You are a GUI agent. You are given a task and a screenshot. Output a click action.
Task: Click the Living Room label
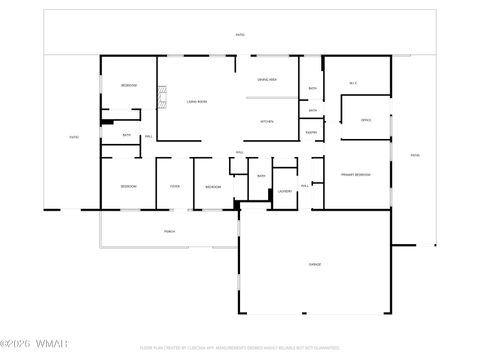[196, 101]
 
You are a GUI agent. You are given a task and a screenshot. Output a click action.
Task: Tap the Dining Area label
[266, 79]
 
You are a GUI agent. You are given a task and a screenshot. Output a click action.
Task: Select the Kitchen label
[266, 121]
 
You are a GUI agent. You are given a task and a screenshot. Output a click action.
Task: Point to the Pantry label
[312, 132]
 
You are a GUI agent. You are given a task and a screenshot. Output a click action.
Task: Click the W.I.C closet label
[353, 83]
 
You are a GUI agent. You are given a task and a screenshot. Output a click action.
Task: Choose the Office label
[366, 120]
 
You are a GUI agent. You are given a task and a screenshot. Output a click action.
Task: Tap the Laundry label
[285, 189]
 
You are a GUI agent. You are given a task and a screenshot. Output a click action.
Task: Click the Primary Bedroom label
[355, 175]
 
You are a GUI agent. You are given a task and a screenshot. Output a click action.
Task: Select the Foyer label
[174, 187]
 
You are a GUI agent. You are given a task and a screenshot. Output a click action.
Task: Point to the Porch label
[170, 231]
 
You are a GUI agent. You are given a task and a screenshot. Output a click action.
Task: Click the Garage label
[314, 264]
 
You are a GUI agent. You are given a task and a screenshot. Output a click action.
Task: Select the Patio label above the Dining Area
[240, 35]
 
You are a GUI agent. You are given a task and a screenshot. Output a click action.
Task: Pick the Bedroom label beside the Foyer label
[213, 187]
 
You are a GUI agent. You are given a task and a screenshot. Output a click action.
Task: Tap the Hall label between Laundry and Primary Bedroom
[305, 184]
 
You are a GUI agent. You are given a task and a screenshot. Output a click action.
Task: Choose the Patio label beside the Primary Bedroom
[415, 155]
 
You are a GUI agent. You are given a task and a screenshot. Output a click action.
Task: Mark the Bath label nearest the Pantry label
[312, 110]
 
